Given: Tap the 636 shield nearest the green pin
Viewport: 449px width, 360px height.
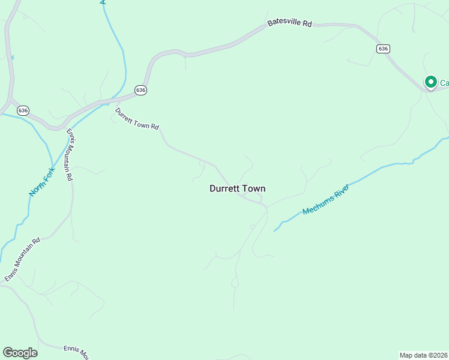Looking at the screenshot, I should pyautogui.click(x=384, y=48).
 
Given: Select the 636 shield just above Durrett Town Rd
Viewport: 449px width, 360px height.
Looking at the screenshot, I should pyautogui.click(x=140, y=89).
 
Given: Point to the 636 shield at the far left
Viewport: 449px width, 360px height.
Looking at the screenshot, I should pyautogui.click(x=23, y=110).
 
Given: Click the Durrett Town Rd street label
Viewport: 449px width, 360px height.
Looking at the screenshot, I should pyautogui.click(x=137, y=119).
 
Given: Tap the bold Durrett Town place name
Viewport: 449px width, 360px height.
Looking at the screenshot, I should pyautogui.click(x=237, y=188).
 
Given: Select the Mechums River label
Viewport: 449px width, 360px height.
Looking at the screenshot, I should pyautogui.click(x=325, y=199).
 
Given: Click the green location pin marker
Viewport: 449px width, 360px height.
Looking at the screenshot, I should pyautogui.click(x=430, y=82).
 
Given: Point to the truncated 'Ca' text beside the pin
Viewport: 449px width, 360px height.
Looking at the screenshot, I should pyautogui.click(x=444, y=83).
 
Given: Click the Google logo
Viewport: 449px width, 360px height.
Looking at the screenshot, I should pyautogui.click(x=20, y=353).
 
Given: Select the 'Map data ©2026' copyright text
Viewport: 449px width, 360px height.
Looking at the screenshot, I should pyautogui.click(x=423, y=355).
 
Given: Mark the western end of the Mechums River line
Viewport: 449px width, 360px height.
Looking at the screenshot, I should pyautogui.click(x=275, y=230).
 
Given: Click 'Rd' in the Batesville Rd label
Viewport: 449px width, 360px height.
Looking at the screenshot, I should pyautogui.click(x=307, y=23).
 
